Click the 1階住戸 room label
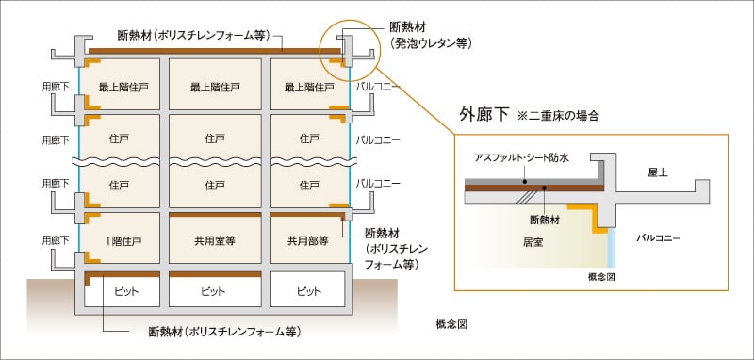click(124, 240)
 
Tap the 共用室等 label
click(217, 240)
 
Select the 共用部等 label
click(308, 240)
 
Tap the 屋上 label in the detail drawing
click(658, 174)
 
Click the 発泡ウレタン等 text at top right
click(431, 43)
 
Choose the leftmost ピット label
click(124, 291)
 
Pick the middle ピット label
click(217, 291)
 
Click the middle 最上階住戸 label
click(217, 88)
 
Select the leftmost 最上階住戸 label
click(124, 88)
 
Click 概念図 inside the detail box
click(599, 278)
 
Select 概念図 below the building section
click(452, 323)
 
